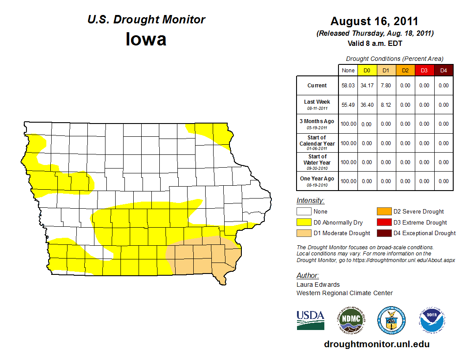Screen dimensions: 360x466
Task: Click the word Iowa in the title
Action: (146, 39)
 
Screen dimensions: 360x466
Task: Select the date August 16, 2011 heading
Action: (374, 21)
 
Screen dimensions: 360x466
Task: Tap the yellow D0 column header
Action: (367, 70)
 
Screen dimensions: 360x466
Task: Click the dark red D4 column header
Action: (443, 70)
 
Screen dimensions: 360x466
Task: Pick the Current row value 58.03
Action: (348, 86)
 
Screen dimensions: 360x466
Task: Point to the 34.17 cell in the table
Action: (367, 86)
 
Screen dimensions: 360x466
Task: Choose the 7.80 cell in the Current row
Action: (386, 86)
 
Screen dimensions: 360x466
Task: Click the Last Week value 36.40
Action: (367, 105)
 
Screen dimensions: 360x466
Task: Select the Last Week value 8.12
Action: (386, 105)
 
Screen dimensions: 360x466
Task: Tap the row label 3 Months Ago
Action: (317, 121)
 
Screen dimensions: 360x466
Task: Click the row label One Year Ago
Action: (317, 179)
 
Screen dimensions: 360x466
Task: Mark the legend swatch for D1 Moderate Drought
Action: (304, 233)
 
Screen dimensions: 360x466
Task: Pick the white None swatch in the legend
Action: (304, 212)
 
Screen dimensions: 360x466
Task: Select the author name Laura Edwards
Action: (318, 285)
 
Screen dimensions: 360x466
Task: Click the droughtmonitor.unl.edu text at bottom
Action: (376, 344)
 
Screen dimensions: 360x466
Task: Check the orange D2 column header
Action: (405, 70)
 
